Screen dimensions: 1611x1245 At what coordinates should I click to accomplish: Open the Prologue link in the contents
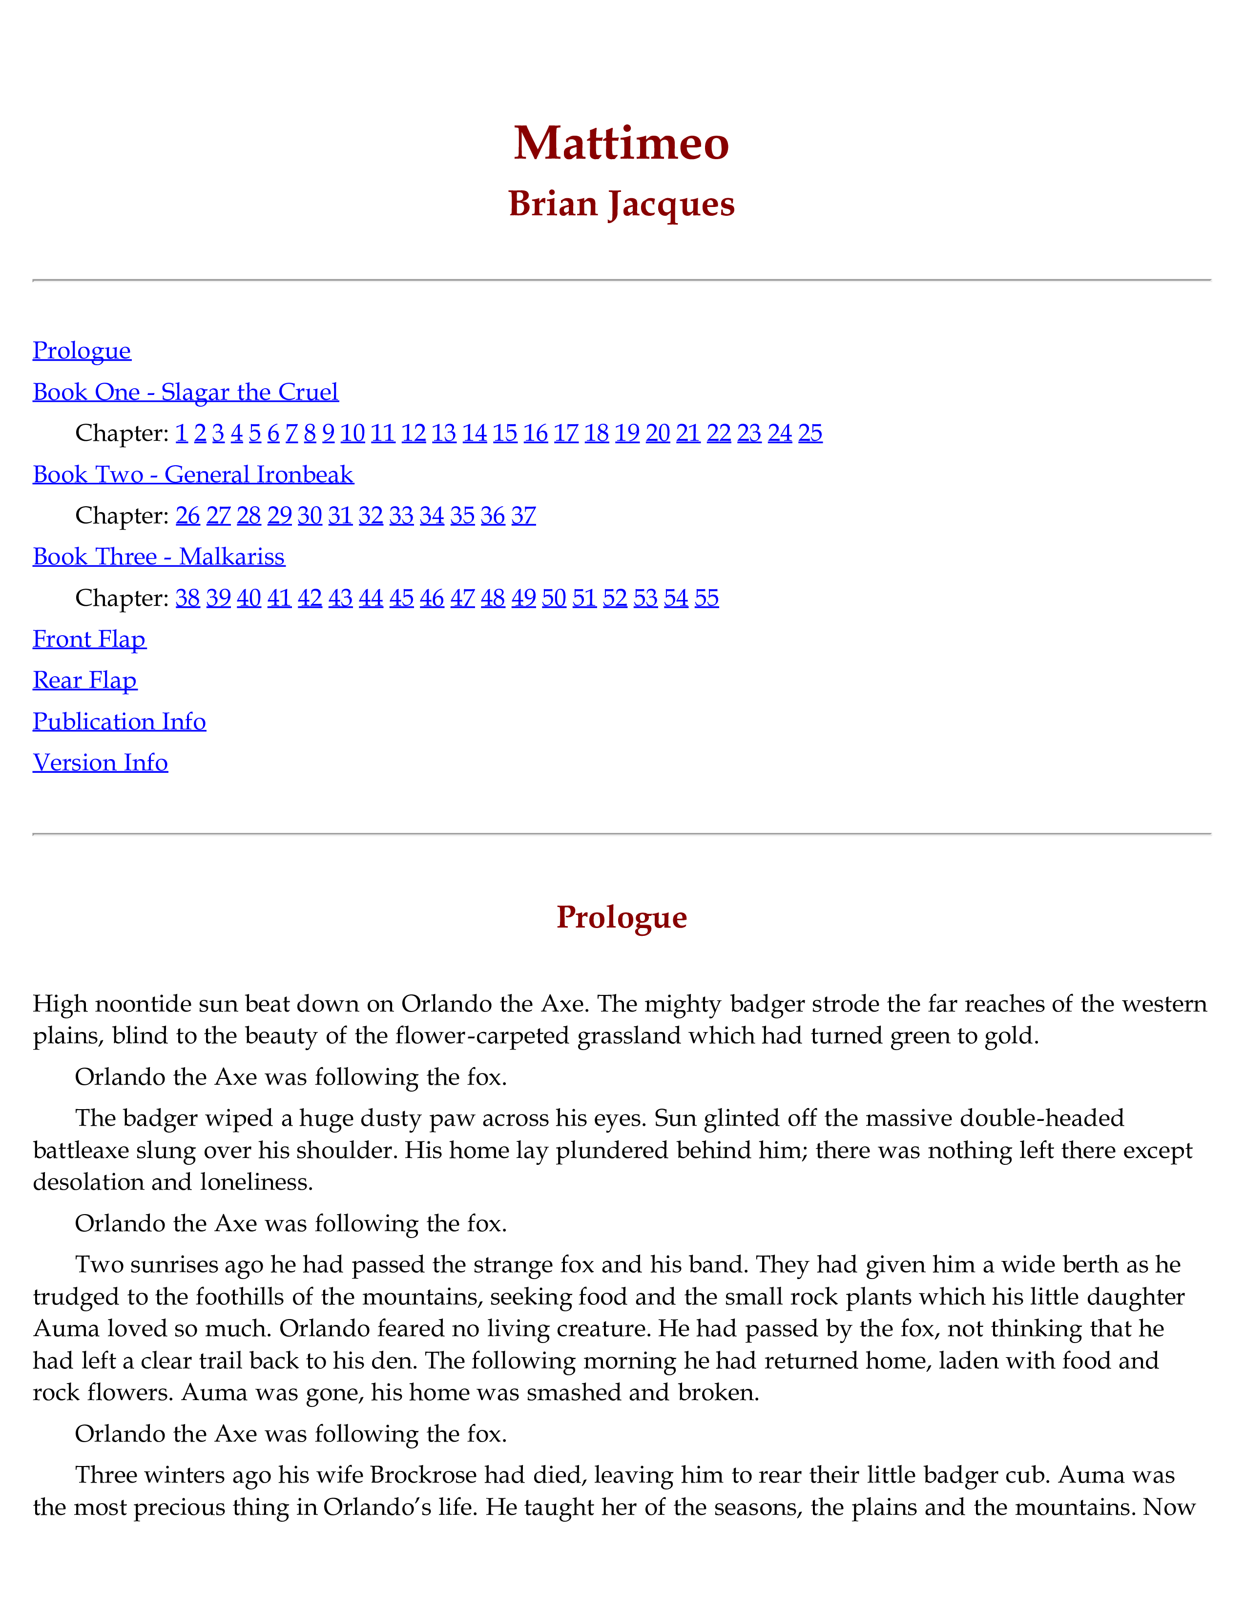(82, 351)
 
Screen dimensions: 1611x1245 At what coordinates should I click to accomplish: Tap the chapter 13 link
(443, 433)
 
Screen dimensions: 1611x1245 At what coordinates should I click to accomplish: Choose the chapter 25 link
(810, 433)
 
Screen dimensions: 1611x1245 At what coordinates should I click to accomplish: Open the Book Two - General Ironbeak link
(193, 475)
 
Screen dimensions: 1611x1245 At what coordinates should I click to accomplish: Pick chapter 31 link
(340, 516)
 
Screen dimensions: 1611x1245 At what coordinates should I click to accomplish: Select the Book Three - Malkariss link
(159, 557)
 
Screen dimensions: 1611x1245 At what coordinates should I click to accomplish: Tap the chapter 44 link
(370, 598)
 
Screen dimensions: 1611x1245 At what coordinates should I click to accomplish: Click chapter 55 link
(706, 598)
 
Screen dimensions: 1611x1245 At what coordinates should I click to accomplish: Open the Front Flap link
(89, 639)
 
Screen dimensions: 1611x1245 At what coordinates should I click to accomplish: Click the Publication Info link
(120, 722)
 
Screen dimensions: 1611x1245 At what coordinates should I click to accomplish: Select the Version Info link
(100, 763)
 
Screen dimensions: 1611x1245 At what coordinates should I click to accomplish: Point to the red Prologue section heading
(621, 917)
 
